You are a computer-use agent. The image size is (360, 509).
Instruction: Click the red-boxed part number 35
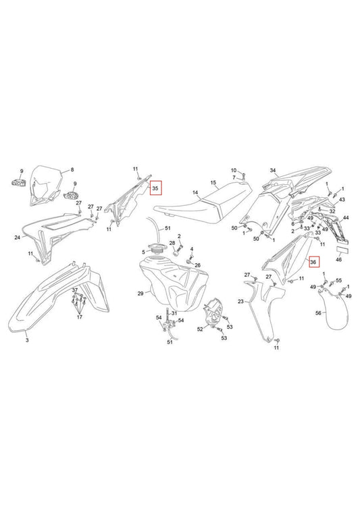[156, 188]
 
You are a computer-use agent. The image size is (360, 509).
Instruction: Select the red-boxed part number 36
[313, 262]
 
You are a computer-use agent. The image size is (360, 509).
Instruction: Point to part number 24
[17, 238]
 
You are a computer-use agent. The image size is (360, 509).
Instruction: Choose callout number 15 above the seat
[212, 182]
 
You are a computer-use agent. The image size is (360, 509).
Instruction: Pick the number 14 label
[195, 192]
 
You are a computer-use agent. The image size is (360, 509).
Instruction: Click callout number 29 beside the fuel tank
[140, 294]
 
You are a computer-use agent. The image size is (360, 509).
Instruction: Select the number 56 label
[318, 313]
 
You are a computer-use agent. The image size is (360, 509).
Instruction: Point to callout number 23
[240, 301]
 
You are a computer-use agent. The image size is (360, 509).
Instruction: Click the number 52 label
[200, 329]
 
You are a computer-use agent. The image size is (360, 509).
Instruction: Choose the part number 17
[80, 317]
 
